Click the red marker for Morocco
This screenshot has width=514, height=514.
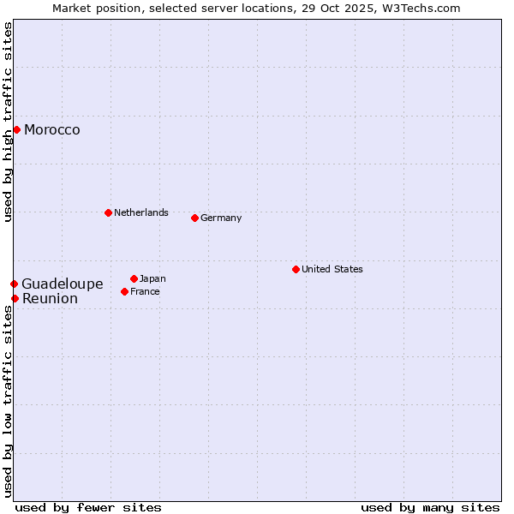[16, 129]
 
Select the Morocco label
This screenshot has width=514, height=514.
[52, 130]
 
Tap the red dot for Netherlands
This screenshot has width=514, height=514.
[108, 212]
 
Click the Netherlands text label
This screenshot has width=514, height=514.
[141, 212]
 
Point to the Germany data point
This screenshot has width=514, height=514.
[194, 218]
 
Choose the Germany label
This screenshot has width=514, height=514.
[221, 218]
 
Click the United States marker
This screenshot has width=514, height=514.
[296, 269]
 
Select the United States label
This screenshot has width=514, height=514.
[332, 269]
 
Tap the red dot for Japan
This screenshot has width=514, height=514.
[134, 278]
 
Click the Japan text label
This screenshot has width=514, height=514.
[153, 278]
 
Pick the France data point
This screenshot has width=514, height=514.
[124, 291]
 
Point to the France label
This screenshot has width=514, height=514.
[146, 291]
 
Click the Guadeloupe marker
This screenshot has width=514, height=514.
[14, 284]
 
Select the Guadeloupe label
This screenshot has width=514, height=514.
[63, 284]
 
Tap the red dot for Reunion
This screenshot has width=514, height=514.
[15, 298]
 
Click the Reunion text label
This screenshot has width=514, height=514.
[50, 298]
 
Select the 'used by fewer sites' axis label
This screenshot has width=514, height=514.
[88, 507]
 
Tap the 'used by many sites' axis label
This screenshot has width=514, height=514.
[430, 507]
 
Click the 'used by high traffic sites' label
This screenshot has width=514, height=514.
[9, 122]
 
